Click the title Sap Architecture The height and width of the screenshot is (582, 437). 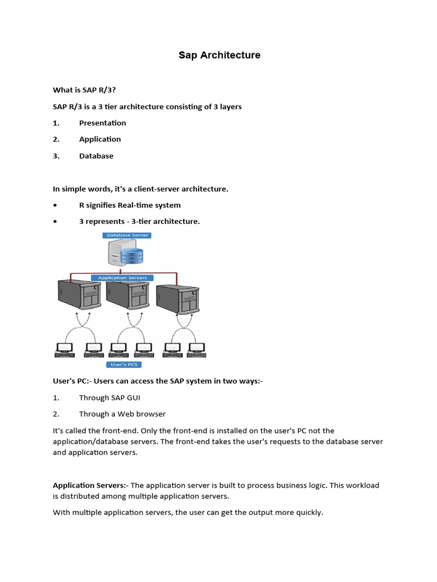219,55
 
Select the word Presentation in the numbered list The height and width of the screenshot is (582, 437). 102,123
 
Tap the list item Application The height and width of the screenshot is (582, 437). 100,139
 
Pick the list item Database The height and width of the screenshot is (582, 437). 96,156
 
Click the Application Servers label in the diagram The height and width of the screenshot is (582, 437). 122,278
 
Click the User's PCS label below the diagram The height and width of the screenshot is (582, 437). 124,364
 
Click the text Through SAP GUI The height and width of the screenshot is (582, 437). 109,398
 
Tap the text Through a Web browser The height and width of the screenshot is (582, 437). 122,414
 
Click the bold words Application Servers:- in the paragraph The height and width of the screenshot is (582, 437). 90,485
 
